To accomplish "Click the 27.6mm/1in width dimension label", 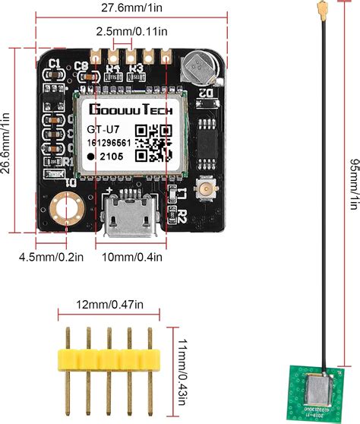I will [x=123, y=8].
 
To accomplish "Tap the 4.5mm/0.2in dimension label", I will [x=51, y=258].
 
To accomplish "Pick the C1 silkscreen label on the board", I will [x=55, y=63].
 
